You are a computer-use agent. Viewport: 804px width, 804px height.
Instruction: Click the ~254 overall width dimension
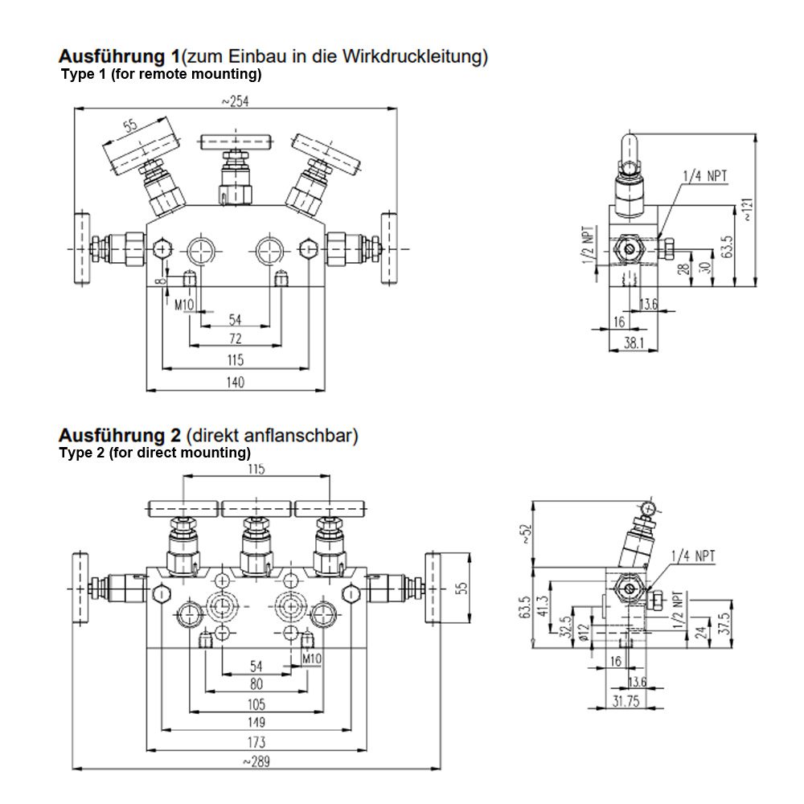click(235, 100)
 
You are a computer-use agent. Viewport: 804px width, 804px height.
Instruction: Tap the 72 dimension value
click(235, 338)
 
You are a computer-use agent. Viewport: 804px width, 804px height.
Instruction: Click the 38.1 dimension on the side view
click(634, 343)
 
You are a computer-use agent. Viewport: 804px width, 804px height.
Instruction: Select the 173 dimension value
click(256, 742)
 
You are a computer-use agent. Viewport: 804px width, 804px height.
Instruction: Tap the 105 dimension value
click(256, 704)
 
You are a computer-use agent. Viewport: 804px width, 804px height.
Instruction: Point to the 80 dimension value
click(256, 685)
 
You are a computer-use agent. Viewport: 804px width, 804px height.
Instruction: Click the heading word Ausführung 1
click(119, 57)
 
